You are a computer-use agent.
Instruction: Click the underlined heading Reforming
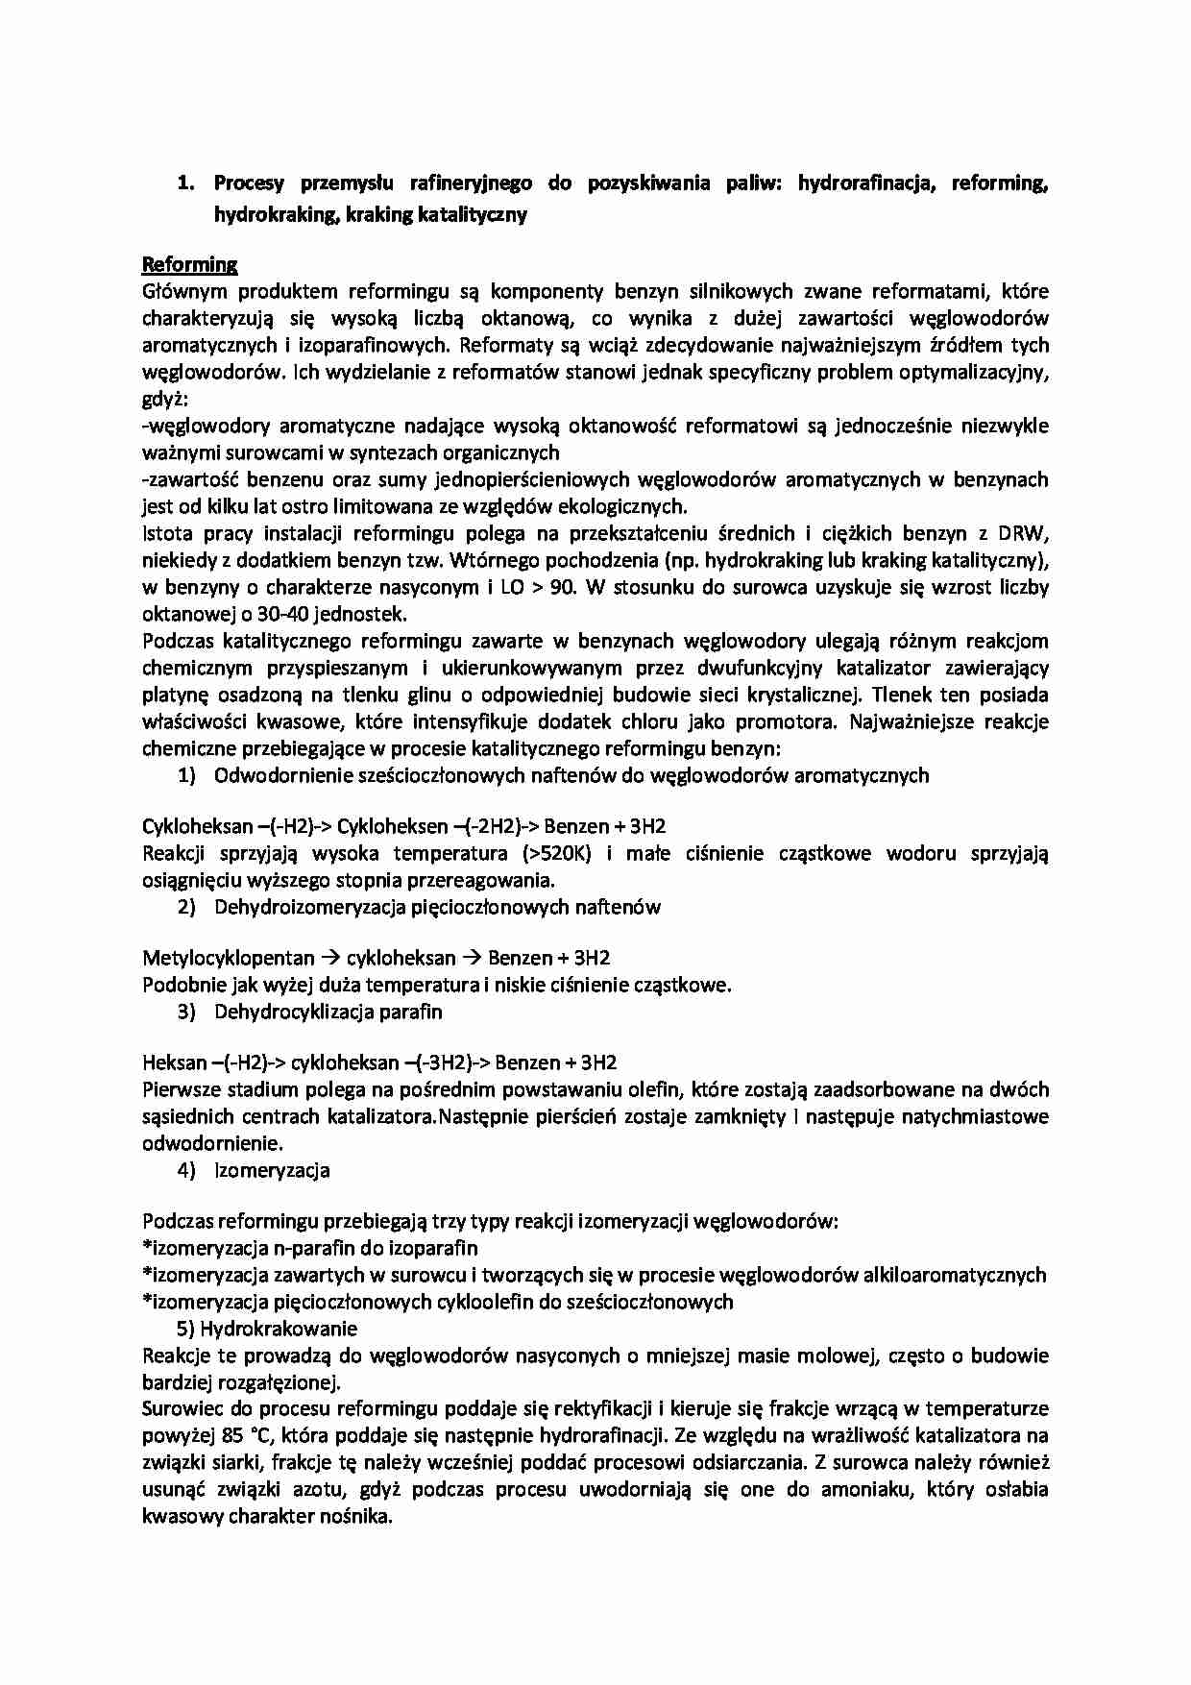[189, 264]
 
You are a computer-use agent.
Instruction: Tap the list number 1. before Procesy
[186, 183]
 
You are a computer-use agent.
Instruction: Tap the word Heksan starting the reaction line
[174, 1062]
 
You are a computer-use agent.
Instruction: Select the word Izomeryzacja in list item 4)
[272, 1170]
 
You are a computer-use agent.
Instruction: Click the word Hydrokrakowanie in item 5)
[279, 1329]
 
